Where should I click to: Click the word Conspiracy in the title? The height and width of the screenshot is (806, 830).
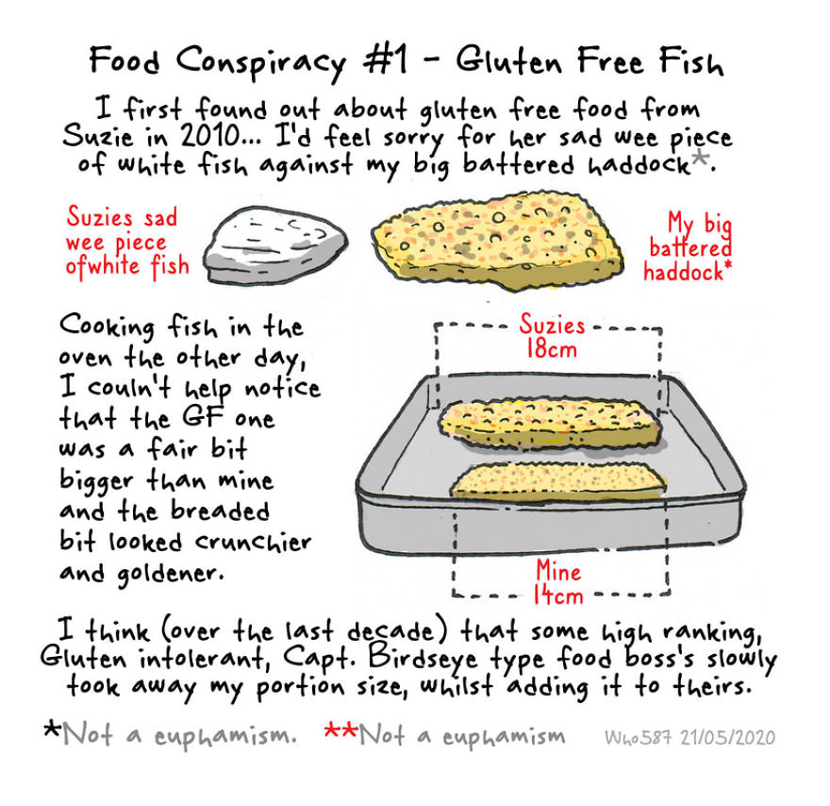260,62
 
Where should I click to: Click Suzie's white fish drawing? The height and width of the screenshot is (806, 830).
275,244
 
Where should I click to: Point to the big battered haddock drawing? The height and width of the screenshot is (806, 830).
496,241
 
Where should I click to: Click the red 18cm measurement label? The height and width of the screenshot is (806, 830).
551,348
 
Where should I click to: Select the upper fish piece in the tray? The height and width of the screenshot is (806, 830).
551,423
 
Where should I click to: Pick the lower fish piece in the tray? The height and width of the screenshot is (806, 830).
558,481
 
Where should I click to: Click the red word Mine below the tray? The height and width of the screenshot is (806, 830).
558,570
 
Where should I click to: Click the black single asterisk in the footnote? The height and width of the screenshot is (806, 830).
53,730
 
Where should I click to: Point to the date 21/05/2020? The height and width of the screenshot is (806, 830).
727,737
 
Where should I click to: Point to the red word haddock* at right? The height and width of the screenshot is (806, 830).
687,272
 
